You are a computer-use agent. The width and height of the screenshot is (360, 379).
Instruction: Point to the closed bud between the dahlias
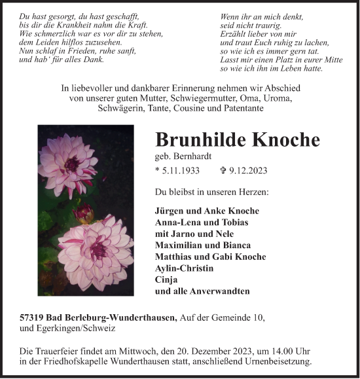pyautogui.click(x=83, y=213)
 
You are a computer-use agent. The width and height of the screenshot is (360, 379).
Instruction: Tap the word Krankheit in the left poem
pyautogui.click(x=67, y=24)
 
